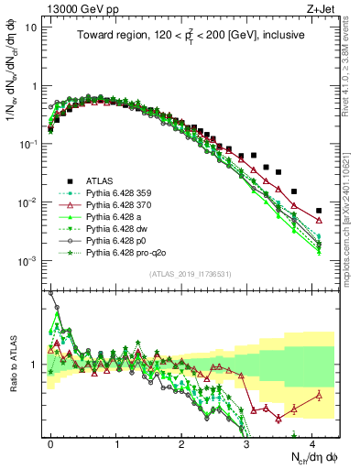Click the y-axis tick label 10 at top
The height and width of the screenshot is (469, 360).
[31, 27]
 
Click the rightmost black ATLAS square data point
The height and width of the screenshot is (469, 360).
[319, 211]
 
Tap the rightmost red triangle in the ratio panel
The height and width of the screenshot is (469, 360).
[319, 395]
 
